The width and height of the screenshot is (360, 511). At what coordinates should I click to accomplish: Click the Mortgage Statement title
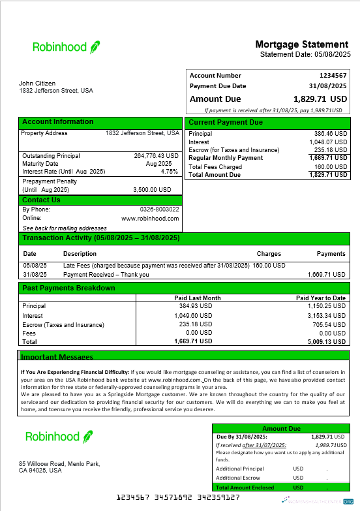(302, 44)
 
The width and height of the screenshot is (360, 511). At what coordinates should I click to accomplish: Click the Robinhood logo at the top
(66, 46)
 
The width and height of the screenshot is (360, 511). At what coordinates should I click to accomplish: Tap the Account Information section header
(57, 122)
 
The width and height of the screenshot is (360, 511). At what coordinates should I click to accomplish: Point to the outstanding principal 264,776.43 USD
(157, 156)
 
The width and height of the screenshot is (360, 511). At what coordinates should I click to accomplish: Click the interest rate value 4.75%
(170, 172)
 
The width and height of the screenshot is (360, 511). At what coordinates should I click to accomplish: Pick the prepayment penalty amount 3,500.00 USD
(152, 189)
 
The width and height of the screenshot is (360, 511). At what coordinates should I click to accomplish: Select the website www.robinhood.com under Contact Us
(150, 219)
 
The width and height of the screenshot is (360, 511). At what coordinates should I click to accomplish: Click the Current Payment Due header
(226, 123)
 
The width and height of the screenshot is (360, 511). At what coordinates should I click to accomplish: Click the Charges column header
(269, 254)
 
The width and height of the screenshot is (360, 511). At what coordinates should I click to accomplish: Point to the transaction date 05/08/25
(32, 266)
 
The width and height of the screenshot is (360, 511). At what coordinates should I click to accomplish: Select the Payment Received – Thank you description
(106, 275)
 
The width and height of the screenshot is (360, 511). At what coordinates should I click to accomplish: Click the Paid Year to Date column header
(320, 298)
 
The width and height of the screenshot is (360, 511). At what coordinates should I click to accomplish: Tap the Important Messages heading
(57, 357)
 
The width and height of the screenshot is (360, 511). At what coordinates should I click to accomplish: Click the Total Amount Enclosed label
(245, 488)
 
